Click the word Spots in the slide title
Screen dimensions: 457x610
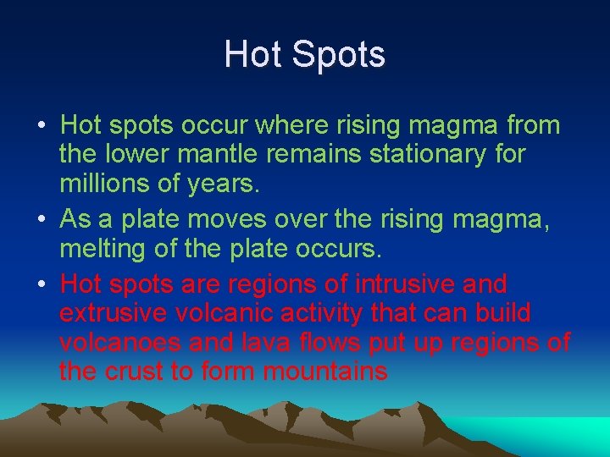339,55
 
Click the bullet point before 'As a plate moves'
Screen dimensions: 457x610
42,220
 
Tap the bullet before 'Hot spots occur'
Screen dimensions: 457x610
42,126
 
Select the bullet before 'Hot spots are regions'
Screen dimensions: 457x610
42,283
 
